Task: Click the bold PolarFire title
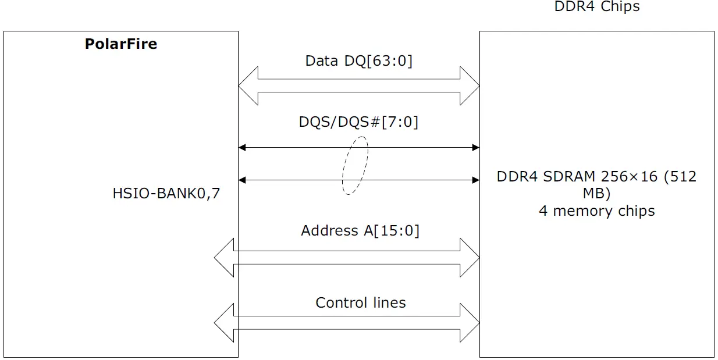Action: (x=121, y=44)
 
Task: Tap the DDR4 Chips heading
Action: (x=597, y=7)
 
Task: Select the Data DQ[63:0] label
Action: (x=358, y=61)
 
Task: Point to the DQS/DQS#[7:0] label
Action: (x=358, y=122)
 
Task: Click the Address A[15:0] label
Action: (x=360, y=231)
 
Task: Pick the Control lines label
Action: (x=360, y=303)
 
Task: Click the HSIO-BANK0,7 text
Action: (x=166, y=194)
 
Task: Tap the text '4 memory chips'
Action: (x=596, y=211)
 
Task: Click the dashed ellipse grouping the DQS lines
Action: (x=355, y=165)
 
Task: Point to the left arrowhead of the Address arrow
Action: (x=224, y=258)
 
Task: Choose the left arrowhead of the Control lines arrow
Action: (x=224, y=323)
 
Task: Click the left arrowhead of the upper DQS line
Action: (x=243, y=148)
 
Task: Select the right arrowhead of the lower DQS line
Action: (x=475, y=180)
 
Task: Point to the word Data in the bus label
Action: (x=321, y=61)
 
